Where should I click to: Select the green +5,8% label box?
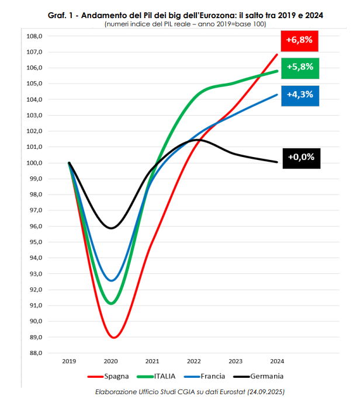click(300, 67)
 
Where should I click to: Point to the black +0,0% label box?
click(301, 156)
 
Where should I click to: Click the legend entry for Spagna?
click(115, 376)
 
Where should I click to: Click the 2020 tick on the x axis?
click(111, 361)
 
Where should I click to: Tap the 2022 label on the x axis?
click(193, 361)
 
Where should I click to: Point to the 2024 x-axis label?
click(277, 361)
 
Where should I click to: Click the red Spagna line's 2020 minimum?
click(113, 338)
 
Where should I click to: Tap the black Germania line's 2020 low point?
click(111, 228)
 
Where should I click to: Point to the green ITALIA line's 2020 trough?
click(112, 303)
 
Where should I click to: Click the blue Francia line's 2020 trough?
click(112, 280)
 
